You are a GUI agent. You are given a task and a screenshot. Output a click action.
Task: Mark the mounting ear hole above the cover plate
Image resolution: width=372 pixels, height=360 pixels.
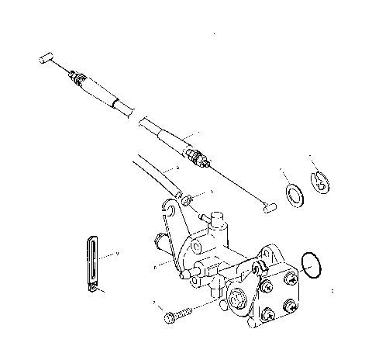273,253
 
